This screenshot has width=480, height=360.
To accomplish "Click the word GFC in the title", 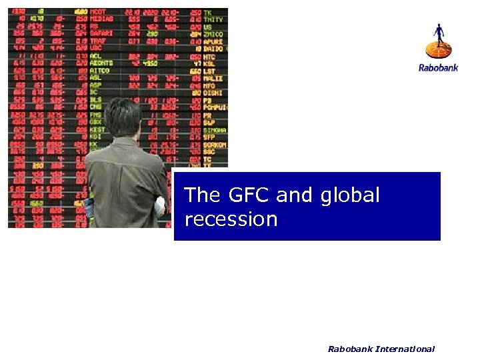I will (x=243, y=195).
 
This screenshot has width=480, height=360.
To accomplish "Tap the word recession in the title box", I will (x=231, y=219).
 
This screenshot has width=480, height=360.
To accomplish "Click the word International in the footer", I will (x=405, y=349).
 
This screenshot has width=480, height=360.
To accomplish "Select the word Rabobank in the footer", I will (x=350, y=349).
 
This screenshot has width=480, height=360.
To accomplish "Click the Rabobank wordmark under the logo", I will (x=438, y=67).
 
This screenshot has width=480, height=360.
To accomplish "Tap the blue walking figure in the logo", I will (x=438, y=34).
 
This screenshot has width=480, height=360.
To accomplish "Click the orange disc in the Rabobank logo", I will (x=438, y=49).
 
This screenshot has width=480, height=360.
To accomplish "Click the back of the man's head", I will (x=123, y=117).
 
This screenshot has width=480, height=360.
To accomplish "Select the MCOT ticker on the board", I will (x=99, y=12).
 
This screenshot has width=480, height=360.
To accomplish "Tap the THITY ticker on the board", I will (x=214, y=19).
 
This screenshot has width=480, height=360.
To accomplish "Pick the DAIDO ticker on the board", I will (x=214, y=49).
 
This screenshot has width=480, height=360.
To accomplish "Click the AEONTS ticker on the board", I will (x=101, y=63).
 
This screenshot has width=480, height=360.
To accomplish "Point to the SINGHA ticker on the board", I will (x=215, y=130).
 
